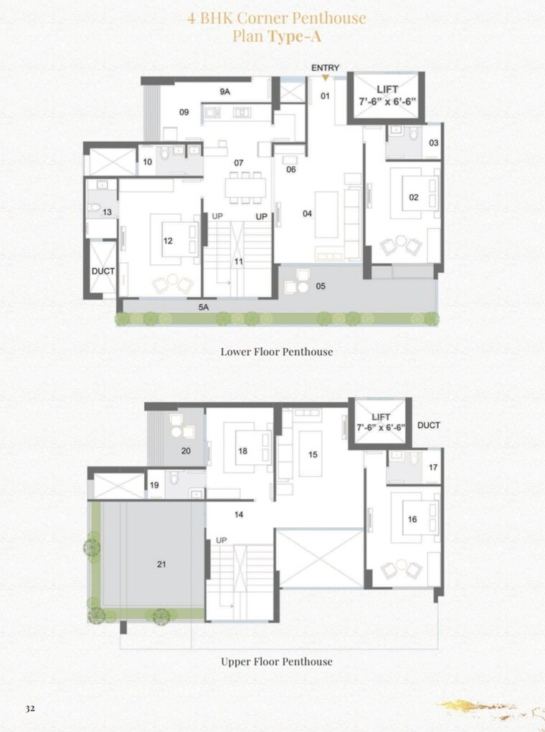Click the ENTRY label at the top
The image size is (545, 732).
[325, 67]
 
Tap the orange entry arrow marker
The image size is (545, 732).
[325, 76]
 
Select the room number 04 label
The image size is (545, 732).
[307, 213]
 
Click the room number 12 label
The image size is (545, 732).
[168, 241]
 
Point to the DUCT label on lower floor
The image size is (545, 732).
[103, 271]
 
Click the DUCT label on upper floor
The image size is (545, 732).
[428, 425]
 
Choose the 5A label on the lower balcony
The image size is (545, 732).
[204, 307]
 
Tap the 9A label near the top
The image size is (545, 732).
[224, 92]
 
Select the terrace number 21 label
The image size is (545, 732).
[161, 564]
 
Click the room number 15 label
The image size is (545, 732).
[313, 454]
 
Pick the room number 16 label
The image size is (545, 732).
[412, 520]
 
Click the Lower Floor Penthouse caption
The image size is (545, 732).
[276, 352]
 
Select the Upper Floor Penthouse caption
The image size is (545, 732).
[276, 661]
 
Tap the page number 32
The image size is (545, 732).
[30, 708]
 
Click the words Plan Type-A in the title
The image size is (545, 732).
[276, 37]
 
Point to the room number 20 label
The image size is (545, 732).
[186, 451]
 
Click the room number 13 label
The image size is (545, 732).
[107, 212]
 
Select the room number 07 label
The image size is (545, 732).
[239, 163]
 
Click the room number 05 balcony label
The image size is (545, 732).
[321, 286]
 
